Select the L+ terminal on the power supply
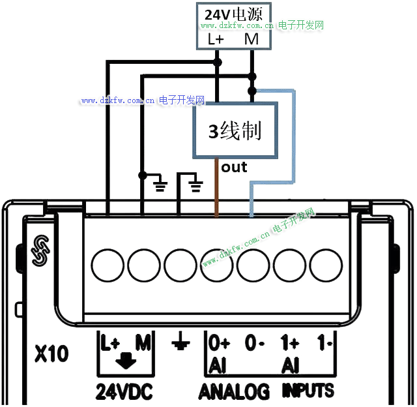[216, 39]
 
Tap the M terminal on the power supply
[252, 39]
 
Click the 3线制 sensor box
[235, 130]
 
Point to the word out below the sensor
[235, 168]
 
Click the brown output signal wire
[216, 189]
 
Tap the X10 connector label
[51, 355]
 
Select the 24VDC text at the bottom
[124, 391]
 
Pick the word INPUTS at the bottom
[308, 391]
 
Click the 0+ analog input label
[219, 342]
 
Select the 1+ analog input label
[289, 342]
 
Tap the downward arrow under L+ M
[125, 359]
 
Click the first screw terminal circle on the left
[108, 265]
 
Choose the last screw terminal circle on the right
[326, 265]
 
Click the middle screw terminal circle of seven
[217, 265]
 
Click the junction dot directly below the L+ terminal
[217, 63]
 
